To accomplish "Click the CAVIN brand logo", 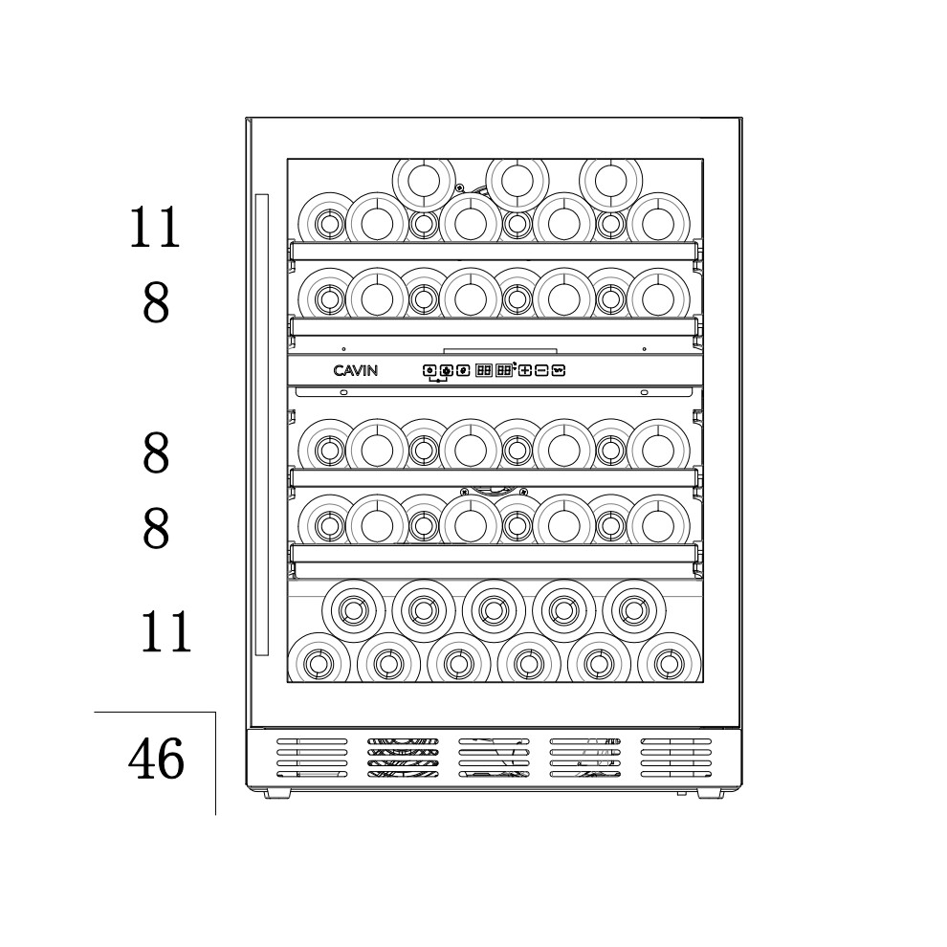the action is tap(355, 370).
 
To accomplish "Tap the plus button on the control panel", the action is tap(525, 370).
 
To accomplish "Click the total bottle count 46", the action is tap(156, 758).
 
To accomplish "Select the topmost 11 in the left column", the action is tap(155, 227).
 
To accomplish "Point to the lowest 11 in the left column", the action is tap(166, 631).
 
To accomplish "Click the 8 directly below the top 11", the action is tap(156, 302).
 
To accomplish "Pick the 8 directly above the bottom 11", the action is tap(156, 528).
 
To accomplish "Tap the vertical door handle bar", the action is tap(261, 425).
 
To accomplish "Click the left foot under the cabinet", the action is tap(277, 793).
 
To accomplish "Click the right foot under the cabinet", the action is tap(710, 793).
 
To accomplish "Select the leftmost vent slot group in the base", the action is tap(312, 758).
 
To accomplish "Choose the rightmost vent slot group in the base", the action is tap(676, 758).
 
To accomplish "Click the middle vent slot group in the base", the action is tap(494, 758).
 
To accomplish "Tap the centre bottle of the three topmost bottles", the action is tap(518, 180).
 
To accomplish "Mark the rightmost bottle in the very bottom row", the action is tap(670, 664).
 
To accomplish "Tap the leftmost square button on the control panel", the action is tap(429, 370).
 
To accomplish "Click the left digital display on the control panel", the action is tap(484, 370).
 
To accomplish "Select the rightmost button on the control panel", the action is tap(559, 370).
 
